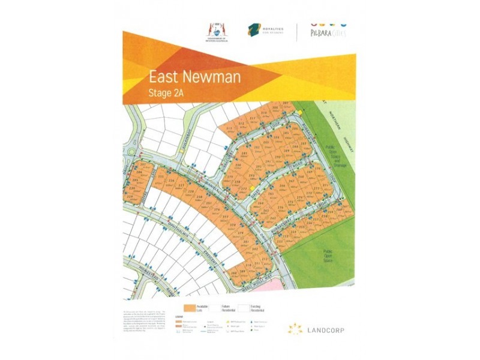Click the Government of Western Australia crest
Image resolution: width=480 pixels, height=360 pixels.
tap(214, 30)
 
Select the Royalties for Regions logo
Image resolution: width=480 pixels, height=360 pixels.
tap(264, 31)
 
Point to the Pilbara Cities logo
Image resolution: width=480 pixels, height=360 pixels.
tap(327, 31)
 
